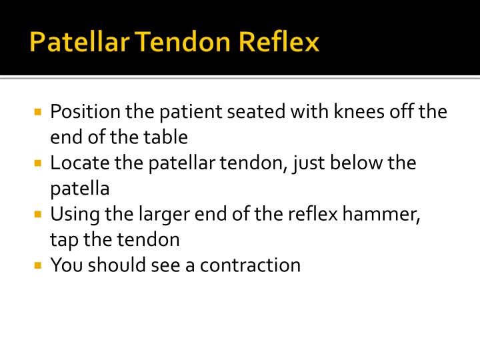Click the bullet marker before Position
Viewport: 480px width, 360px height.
(x=38, y=111)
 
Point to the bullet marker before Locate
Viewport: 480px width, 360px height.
(x=38, y=162)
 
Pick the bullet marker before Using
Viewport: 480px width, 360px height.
(x=38, y=214)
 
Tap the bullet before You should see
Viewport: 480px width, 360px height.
(x=38, y=265)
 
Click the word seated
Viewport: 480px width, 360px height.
(x=256, y=111)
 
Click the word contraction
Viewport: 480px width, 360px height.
(x=251, y=265)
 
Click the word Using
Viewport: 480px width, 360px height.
(x=72, y=215)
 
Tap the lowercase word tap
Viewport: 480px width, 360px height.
(x=63, y=241)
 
